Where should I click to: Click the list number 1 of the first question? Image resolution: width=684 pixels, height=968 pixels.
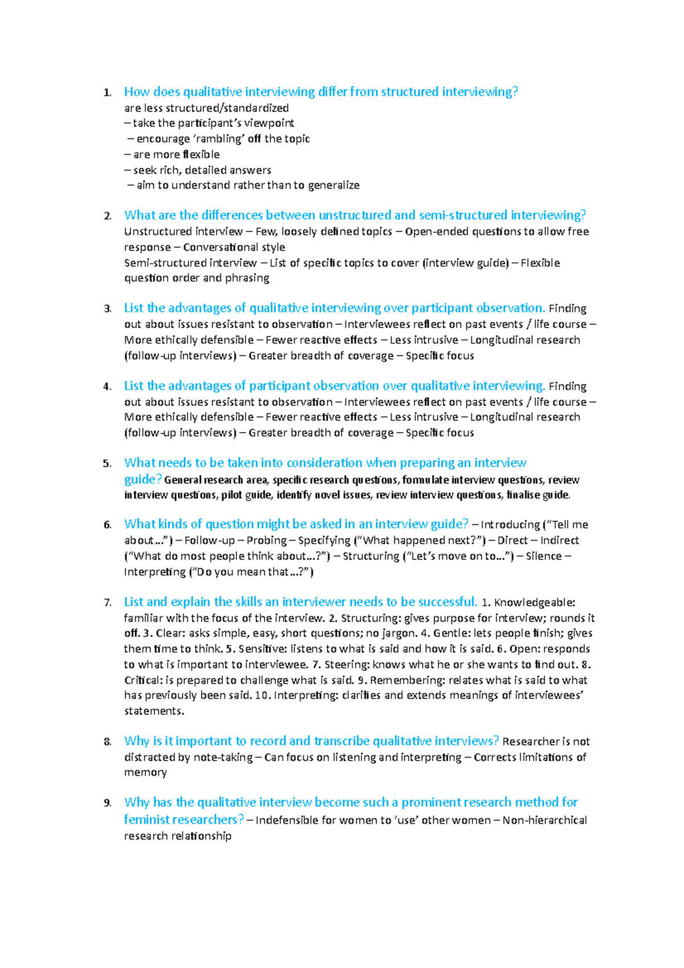pyautogui.click(x=107, y=92)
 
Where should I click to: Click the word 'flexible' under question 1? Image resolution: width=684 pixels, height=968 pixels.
pyautogui.click(x=201, y=154)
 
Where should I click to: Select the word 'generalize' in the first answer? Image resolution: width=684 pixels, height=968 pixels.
pyautogui.click(x=334, y=185)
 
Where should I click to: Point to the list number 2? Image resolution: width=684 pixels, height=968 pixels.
pyautogui.click(x=107, y=216)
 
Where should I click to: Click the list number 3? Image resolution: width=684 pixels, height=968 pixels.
pyautogui.click(x=107, y=309)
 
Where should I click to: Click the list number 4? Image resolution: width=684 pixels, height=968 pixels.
pyautogui.click(x=107, y=387)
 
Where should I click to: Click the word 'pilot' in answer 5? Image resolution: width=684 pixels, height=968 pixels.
pyautogui.click(x=231, y=495)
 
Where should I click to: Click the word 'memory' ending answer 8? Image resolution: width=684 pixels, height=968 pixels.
pyautogui.click(x=145, y=772)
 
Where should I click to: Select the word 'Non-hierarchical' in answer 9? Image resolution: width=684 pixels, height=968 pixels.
pyautogui.click(x=544, y=820)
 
